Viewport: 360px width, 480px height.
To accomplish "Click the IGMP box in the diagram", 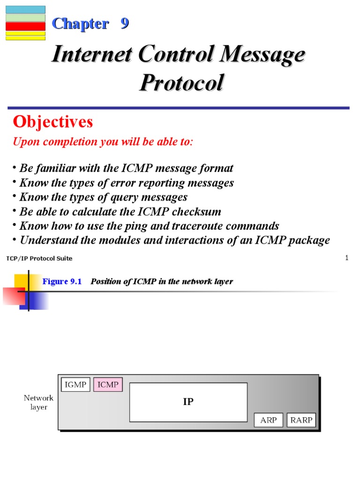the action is coord(75,384).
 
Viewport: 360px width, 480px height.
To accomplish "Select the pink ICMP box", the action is coord(108,384).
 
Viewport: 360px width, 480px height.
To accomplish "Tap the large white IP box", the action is coord(188,402).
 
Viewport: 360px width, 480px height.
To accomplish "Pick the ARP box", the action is coord(269,420).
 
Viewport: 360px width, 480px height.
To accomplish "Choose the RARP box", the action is coord(301,420).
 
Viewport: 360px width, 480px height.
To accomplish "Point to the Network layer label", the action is coord(38,402).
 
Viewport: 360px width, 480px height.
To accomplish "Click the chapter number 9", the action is coord(125,23).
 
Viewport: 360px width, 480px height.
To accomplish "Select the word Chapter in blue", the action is coord(81,24).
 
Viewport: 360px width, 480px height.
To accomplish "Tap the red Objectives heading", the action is coord(52,122).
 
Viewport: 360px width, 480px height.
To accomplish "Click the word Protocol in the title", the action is coord(182,82).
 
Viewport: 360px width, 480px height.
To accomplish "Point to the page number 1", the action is coord(346,258).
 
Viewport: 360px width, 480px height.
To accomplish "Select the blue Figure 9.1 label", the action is coord(62,281).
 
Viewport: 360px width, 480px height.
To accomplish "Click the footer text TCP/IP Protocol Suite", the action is coord(39,258).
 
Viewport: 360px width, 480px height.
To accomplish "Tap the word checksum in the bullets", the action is coord(196,211).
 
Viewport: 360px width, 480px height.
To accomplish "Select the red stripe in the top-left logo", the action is coord(25,26).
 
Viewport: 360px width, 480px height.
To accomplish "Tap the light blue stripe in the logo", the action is coord(25,10).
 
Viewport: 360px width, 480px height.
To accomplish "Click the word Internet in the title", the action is coord(92,54).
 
